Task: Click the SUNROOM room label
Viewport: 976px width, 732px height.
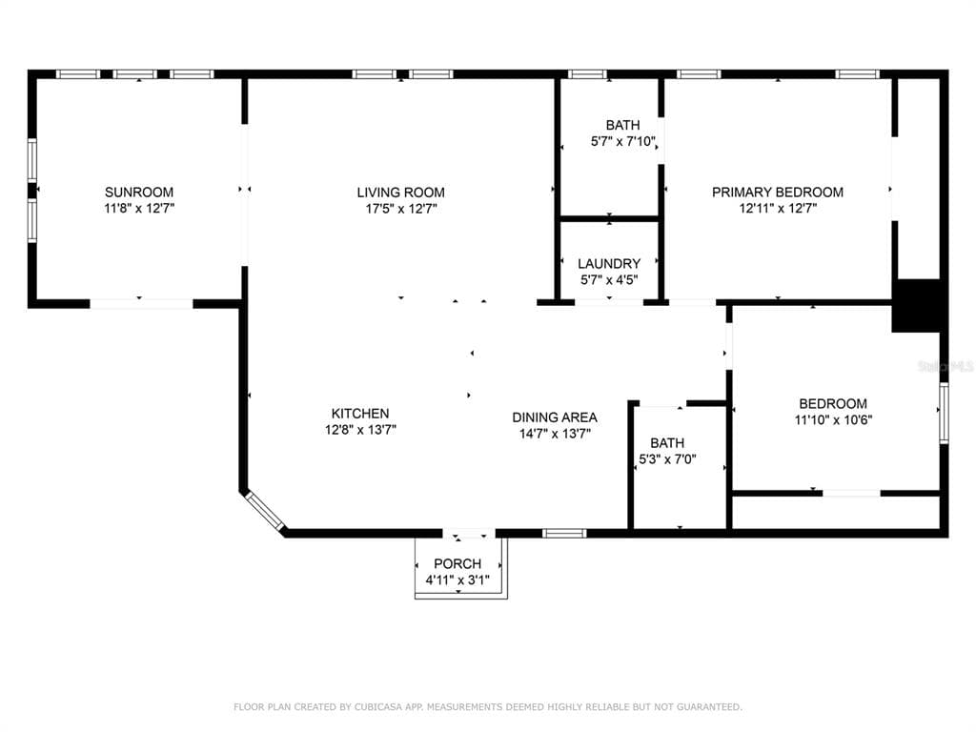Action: coord(139,193)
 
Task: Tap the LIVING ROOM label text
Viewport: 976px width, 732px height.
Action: coord(401,193)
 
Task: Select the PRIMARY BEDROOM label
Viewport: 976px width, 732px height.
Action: coord(778,193)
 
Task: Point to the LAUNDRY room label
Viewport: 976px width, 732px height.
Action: coord(609,264)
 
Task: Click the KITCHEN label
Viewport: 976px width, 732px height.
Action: coord(360,414)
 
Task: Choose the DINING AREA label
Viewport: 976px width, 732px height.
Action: coord(555,417)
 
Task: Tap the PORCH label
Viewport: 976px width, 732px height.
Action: coord(457,564)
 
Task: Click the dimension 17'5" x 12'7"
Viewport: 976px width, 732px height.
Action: coord(401,209)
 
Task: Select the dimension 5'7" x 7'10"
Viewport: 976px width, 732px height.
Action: coord(623,141)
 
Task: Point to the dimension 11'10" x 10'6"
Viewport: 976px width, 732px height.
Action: coord(833,420)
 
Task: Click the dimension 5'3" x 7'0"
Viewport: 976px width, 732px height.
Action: coord(667,459)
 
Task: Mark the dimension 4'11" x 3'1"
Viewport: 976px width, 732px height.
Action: coord(457,580)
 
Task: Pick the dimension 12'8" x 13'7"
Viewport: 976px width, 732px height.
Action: coord(360,430)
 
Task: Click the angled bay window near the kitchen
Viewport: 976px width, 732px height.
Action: coord(265,511)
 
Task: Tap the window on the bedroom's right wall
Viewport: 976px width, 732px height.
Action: coord(944,414)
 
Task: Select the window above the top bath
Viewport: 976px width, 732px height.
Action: coord(587,74)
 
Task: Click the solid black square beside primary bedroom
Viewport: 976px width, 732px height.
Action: coord(916,306)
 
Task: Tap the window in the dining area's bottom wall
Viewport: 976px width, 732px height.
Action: coord(564,534)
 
